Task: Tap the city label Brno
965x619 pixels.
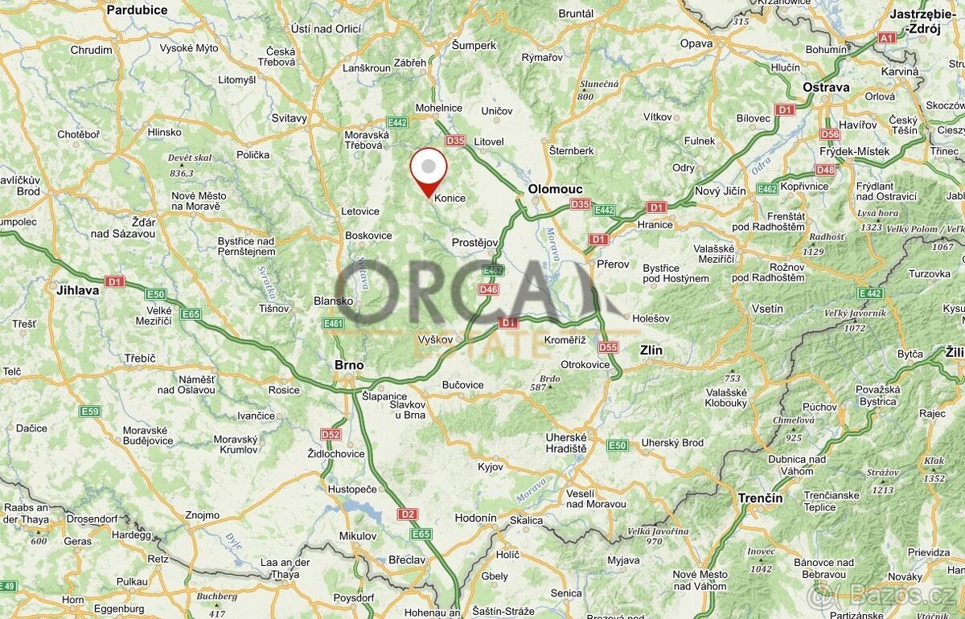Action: tap(349, 365)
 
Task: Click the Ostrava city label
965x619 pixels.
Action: tap(826, 87)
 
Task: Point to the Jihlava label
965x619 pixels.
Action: tap(78, 290)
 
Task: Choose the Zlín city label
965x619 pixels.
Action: tap(651, 350)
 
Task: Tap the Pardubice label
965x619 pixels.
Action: tap(137, 10)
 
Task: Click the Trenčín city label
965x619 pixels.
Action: tap(760, 498)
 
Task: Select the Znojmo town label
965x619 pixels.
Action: tap(202, 515)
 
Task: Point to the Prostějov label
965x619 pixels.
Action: tap(475, 242)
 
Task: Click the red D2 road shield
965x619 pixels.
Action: tap(407, 514)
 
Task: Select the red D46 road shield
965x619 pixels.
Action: tap(488, 289)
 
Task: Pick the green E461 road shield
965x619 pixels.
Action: tap(333, 323)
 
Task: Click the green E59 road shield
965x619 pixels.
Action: tap(90, 412)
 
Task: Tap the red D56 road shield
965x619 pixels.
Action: tap(830, 134)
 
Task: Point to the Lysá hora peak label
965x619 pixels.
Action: tap(877, 213)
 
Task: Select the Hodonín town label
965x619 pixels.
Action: tap(475, 518)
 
